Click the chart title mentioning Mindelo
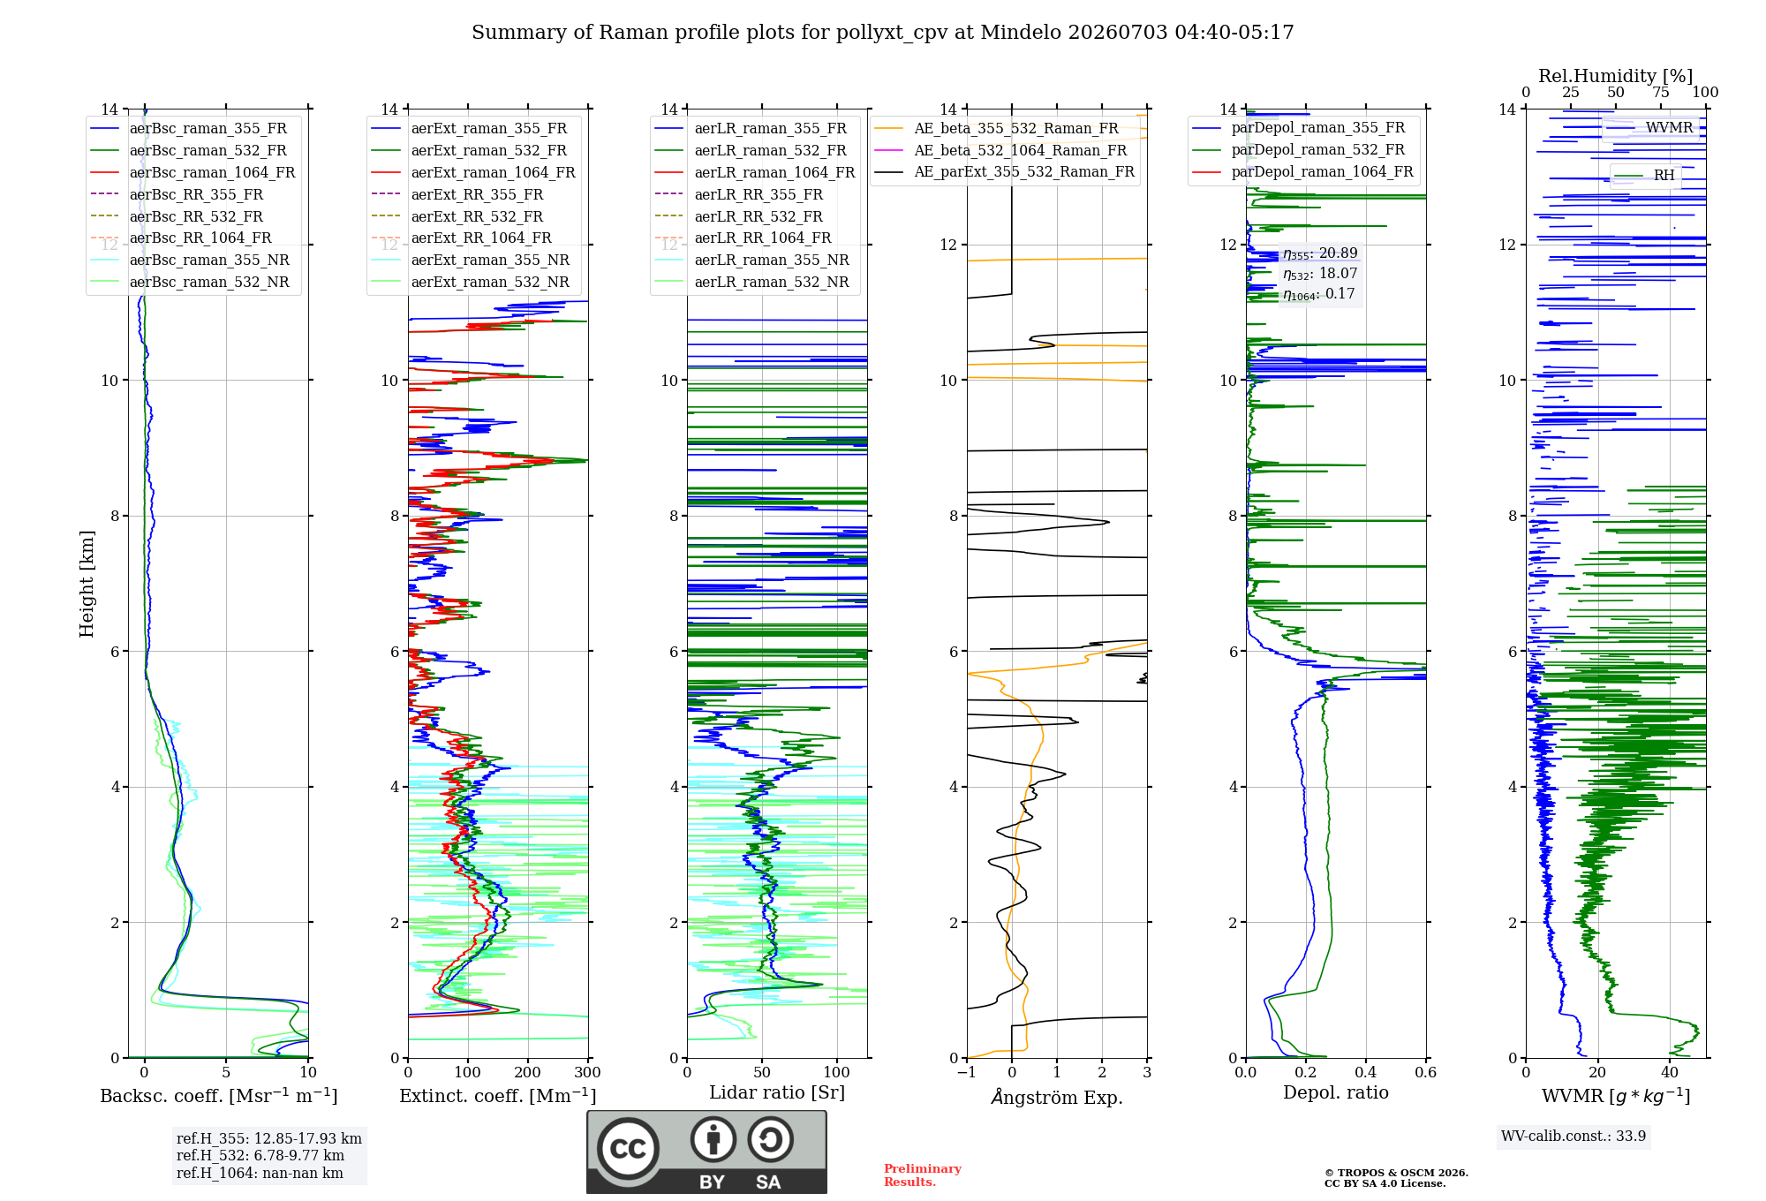[x=882, y=33]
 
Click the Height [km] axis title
[x=87, y=584]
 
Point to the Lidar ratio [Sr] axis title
[x=777, y=1092]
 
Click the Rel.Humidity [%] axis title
[x=1616, y=76]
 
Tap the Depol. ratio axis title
[x=1336, y=1092]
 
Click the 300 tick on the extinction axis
[x=587, y=1072]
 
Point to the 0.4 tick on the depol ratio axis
[x=1365, y=1072]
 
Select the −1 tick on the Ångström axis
[x=966, y=1072]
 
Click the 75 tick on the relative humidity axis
[x=1661, y=92]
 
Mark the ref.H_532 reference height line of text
[x=260, y=1155]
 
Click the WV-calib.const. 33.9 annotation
[x=1574, y=1136]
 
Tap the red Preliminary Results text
[x=923, y=1175]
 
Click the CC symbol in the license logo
[x=628, y=1149]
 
